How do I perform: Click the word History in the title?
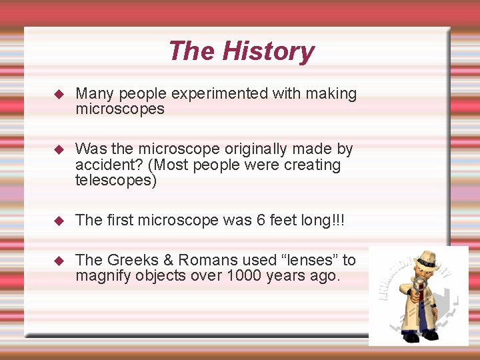click(267, 51)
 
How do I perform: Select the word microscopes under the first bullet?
click(120, 109)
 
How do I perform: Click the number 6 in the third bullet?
click(261, 220)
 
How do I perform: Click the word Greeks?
click(129, 260)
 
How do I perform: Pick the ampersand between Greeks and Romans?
click(164, 260)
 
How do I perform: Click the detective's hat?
click(425, 259)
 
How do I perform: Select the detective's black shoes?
click(420, 335)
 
